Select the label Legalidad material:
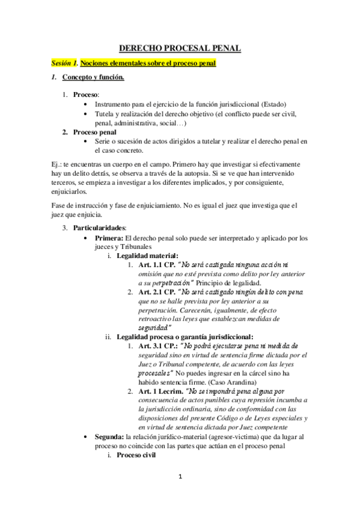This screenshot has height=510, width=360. coord(144,256)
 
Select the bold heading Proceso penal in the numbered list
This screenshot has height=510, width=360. coord(94,132)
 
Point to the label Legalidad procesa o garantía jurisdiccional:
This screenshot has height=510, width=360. coord(185,337)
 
